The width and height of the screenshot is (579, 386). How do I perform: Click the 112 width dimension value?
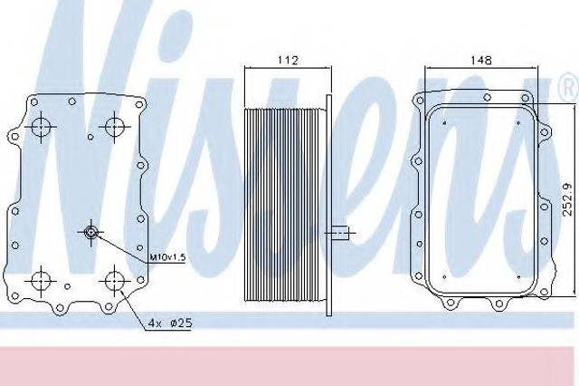click(x=288, y=61)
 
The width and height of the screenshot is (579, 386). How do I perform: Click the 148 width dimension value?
click(x=481, y=60)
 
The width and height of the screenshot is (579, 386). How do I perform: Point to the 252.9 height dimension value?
click(x=568, y=199)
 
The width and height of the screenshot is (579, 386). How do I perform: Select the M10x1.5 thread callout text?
click(x=167, y=257)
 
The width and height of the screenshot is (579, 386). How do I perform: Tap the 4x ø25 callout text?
click(x=170, y=323)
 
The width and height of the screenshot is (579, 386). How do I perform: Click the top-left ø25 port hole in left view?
click(x=40, y=126)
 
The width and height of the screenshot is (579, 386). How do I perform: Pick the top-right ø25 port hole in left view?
click(x=115, y=127)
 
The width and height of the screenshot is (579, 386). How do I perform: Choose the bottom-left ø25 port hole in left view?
click(x=40, y=281)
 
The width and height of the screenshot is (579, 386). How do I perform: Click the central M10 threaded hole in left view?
click(x=90, y=232)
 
